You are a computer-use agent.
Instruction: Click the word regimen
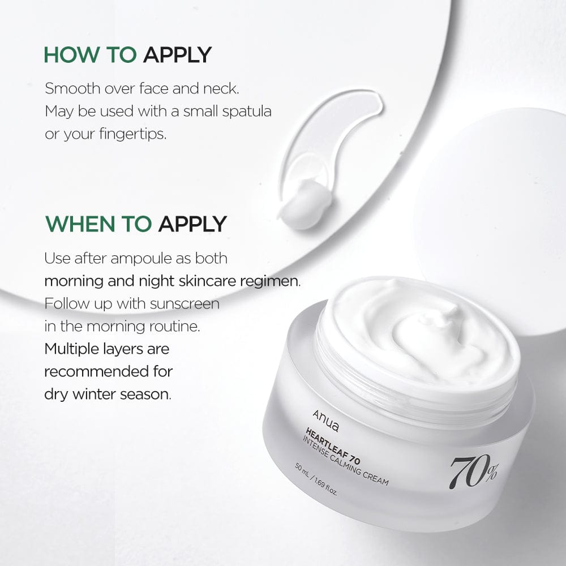(271, 281)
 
